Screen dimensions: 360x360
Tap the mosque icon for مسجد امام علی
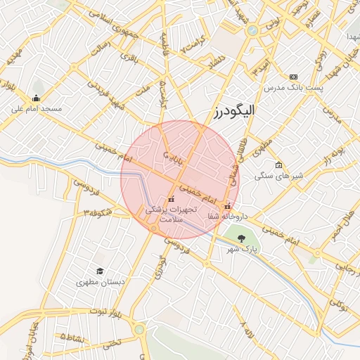click(x=36, y=98)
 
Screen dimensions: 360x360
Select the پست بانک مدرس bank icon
click(x=293, y=77)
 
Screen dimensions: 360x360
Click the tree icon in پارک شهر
click(x=242, y=238)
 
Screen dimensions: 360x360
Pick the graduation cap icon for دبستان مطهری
click(x=100, y=271)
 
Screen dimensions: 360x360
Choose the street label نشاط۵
click(x=73, y=337)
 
